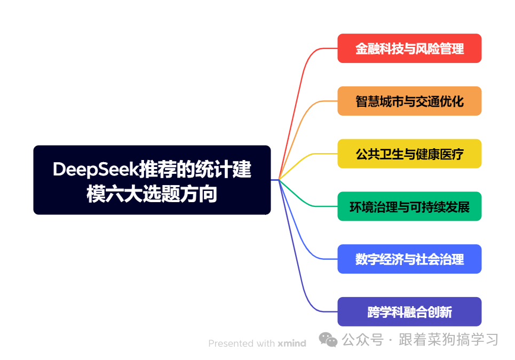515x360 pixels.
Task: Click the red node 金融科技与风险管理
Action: click(x=409, y=49)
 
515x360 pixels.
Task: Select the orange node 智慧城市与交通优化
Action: click(x=409, y=101)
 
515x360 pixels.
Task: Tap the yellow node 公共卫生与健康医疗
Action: click(x=409, y=154)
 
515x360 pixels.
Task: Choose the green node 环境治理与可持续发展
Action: click(x=409, y=206)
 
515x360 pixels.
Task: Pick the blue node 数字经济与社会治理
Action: click(x=409, y=259)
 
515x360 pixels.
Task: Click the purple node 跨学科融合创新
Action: click(x=409, y=311)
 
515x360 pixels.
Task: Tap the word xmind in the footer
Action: click(x=291, y=343)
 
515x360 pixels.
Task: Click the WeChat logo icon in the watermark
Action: click(x=328, y=339)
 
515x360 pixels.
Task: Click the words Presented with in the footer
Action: click(x=241, y=343)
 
